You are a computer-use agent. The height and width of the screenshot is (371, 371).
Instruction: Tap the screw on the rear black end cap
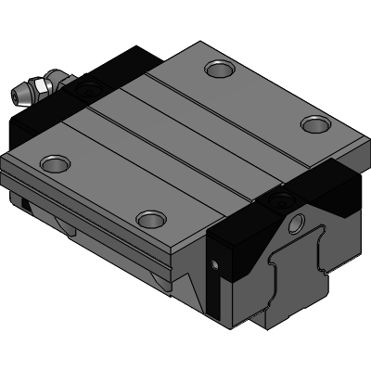tap(88, 91)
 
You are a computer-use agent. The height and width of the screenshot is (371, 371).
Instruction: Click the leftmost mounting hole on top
tap(54, 164)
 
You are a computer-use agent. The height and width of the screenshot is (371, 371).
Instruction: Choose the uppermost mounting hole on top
tap(221, 69)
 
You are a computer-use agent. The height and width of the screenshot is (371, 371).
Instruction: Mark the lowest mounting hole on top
tap(148, 219)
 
